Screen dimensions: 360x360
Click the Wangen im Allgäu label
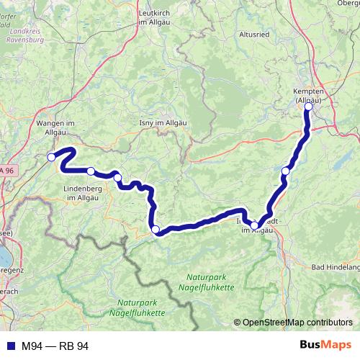(x=55, y=127)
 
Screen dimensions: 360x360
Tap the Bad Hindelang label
(x=336, y=267)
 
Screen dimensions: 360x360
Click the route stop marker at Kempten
(x=309, y=107)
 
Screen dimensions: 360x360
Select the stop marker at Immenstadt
(x=255, y=225)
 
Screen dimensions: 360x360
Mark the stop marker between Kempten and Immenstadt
(x=286, y=171)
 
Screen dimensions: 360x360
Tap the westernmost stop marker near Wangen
(x=51, y=157)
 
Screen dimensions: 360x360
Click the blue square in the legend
(x=10, y=346)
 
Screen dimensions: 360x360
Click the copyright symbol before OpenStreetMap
(x=237, y=323)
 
